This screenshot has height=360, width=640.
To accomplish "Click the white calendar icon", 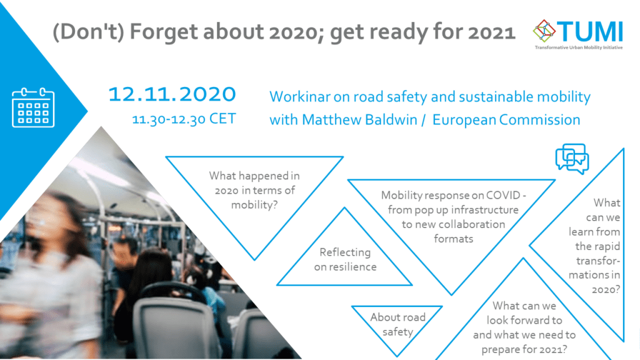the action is [33, 107].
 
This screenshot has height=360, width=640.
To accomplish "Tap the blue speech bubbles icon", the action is [572, 159].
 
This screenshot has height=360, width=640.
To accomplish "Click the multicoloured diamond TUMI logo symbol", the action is [544, 31].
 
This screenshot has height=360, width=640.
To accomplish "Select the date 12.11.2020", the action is [172, 94].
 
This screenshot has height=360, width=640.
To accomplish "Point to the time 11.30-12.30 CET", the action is [184, 119].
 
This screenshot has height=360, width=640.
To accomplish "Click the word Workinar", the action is [300, 97].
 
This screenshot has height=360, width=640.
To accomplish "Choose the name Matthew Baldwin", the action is [359, 119].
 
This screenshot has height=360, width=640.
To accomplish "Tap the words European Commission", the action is [506, 119].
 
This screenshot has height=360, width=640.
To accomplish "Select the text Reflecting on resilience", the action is [345, 259].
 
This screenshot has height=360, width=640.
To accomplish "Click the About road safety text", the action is [397, 324].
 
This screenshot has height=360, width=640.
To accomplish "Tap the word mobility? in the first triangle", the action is [254, 204].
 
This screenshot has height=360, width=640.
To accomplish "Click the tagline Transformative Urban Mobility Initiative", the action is [579, 47].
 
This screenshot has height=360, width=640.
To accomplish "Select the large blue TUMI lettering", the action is [590, 31].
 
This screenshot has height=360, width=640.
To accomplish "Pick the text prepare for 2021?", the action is [524, 349].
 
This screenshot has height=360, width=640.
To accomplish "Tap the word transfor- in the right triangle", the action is [598, 261].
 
